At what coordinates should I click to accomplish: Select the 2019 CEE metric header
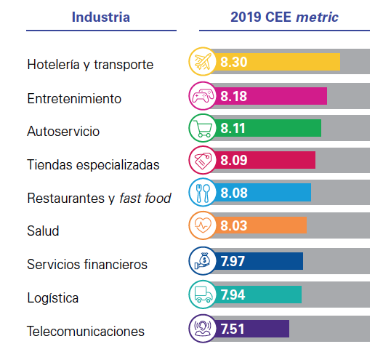(284, 17)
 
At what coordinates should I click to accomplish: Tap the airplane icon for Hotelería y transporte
(202, 63)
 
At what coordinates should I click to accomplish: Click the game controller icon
(202, 96)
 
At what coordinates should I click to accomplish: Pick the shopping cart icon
(202, 129)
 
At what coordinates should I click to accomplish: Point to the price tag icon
(202, 161)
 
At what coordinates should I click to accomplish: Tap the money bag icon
(202, 260)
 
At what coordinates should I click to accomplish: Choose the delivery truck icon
(202, 294)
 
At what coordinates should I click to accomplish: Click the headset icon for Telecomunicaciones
(202, 327)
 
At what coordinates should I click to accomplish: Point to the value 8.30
(234, 63)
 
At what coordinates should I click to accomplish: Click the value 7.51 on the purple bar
(234, 327)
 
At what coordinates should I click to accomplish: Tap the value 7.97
(234, 260)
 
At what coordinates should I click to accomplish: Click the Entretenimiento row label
(74, 98)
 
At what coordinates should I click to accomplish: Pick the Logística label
(52, 298)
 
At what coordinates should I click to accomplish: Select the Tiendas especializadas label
(93, 164)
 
